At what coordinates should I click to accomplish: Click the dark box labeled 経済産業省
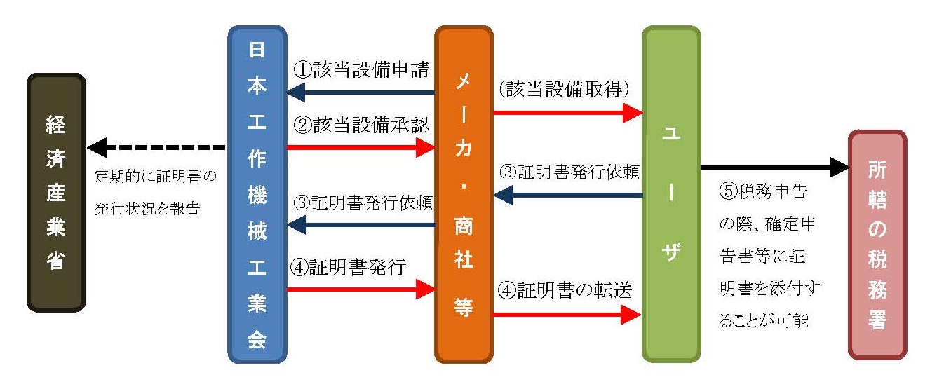(x=56, y=193)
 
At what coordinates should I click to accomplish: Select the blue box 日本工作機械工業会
(x=257, y=194)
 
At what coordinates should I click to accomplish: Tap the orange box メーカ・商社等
(x=464, y=194)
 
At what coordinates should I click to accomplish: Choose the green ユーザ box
(x=671, y=194)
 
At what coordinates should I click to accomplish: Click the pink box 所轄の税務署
(x=877, y=245)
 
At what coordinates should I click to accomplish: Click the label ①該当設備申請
(x=360, y=71)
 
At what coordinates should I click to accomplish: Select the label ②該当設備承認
(x=360, y=126)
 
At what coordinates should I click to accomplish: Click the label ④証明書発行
(x=349, y=267)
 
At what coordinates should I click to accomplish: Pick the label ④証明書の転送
(x=565, y=291)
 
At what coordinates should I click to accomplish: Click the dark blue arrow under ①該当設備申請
(x=360, y=92)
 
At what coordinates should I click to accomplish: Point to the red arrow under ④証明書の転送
(x=567, y=315)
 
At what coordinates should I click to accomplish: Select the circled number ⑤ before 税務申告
(x=727, y=190)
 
